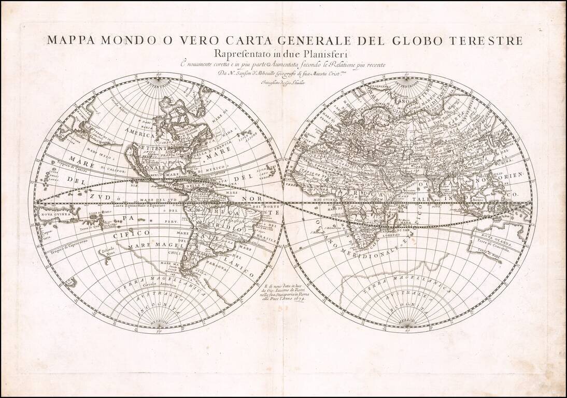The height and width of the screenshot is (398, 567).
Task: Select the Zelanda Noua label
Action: point(106,252)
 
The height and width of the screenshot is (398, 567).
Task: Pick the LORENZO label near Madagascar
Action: point(391,235)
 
